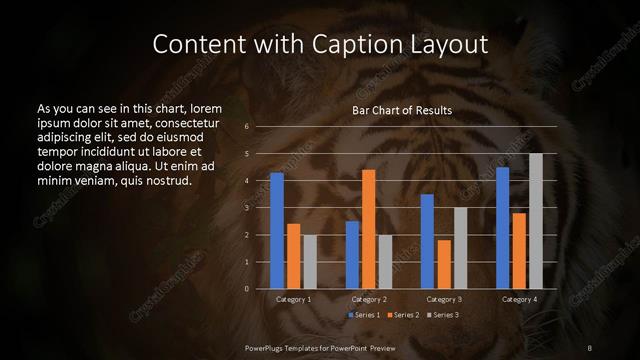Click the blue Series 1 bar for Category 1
pos(277,231)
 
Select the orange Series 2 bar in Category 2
pos(368,229)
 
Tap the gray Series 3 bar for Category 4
pos(535,221)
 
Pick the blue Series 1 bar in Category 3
pos(427,241)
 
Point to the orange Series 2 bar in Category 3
pos(443,264)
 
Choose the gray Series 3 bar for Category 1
pos(309,262)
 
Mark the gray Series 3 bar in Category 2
pos(385,262)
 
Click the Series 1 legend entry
pos(366,315)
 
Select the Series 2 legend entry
pos(403,315)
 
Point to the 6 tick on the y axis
pos(246,127)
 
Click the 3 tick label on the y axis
pos(246,208)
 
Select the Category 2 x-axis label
pos(368,299)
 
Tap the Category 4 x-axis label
pos(518,299)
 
